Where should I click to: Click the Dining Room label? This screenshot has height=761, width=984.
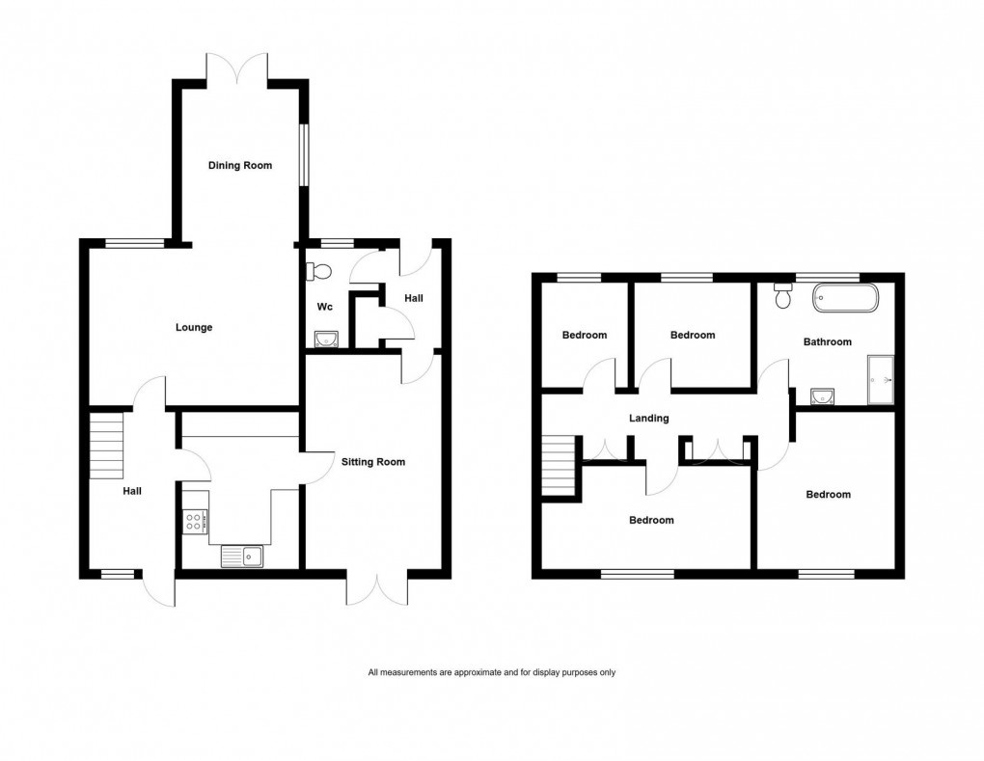pyautogui.click(x=240, y=165)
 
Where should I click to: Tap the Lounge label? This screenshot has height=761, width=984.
pyautogui.click(x=194, y=327)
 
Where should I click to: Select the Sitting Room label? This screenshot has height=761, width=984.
pyautogui.click(x=373, y=462)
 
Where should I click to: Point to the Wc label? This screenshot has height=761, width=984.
pyautogui.click(x=325, y=307)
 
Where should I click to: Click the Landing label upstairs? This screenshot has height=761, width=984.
pyautogui.click(x=648, y=418)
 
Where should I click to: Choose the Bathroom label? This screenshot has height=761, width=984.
pyautogui.click(x=828, y=341)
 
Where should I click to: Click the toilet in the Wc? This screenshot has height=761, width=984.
pyautogui.click(x=318, y=271)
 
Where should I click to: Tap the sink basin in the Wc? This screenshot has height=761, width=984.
pyautogui.click(x=327, y=338)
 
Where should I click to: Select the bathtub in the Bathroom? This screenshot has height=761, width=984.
pyautogui.click(x=845, y=298)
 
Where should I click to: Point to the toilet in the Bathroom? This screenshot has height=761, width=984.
pyautogui.click(x=782, y=297)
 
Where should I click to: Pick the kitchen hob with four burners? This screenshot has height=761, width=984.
pyautogui.click(x=195, y=521)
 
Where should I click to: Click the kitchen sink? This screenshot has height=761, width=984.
pyautogui.click(x=242, y=556)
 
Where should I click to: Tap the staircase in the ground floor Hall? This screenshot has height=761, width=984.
pyautogui.click(x=107, y=446)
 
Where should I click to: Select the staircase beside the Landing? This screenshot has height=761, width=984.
pyautogui.click(x=559, y=466)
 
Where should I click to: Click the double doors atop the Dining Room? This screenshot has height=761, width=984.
pyautogui.click(x=237, y=68)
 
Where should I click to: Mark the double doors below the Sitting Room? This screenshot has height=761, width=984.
pyautogui.click(x=376, y=588)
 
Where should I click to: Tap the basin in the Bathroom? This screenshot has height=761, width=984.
pyautogui.click(x=823, y=396)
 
